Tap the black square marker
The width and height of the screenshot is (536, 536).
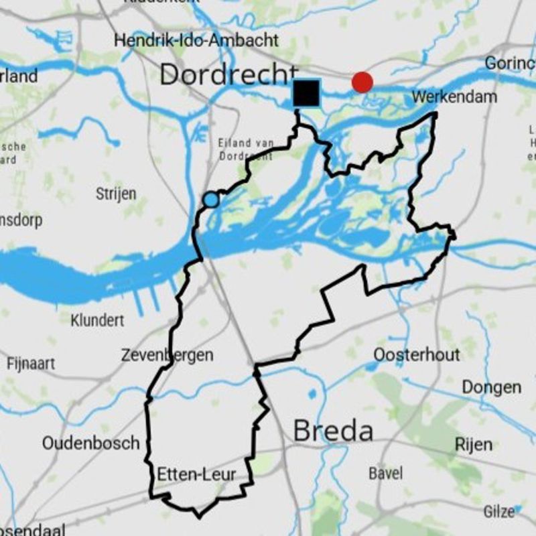pos(307,92)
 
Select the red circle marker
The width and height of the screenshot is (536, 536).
pos(362,82)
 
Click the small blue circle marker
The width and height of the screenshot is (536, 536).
pos(210,199)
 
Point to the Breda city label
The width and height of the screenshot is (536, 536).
pos(333,431)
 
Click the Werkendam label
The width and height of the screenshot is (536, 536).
pos(456,97)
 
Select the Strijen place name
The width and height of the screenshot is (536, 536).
pos(116,194)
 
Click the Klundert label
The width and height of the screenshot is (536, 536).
pos(97,320)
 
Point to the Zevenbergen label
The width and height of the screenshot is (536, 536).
pos(167,355)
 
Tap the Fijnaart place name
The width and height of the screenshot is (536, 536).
pos(31,364)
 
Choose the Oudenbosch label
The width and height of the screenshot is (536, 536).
pos(91,443)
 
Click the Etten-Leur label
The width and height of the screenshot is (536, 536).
pos(196,475)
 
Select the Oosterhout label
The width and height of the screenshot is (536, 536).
pos(417,354)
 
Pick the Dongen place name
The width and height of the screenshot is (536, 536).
pos(491,387)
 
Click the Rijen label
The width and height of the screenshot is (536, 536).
pos(473,444)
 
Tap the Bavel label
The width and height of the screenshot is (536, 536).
pos(386,473)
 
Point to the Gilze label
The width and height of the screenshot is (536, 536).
pos(499,511)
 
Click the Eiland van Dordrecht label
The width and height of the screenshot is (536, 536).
pos(245,149)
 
